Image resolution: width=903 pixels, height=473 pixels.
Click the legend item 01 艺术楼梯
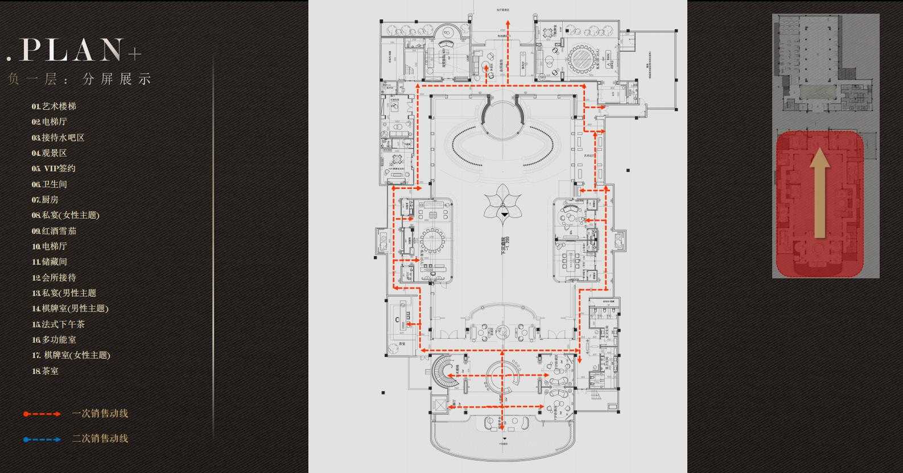(x=54, y=106)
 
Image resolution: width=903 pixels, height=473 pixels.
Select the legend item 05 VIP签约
(x=54, y=168)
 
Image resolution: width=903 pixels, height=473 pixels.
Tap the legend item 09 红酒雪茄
(x=54, y=231)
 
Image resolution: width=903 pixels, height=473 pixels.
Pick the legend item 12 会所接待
(x=54, y=278)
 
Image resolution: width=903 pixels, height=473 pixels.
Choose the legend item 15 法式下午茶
(x=59, y=324)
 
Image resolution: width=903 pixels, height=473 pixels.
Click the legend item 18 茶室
(x=46, y=371)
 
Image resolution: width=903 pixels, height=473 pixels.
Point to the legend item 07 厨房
(x=46, y=200)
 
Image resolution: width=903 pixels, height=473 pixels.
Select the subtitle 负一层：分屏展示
(x=80, y=79)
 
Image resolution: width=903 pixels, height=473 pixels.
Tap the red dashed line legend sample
(x=42, y=414)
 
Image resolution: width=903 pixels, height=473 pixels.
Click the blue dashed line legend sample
(x=42, y=439)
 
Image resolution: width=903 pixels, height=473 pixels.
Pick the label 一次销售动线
(x=100, y=414)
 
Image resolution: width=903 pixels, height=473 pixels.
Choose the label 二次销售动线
(x=100, y=439)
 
